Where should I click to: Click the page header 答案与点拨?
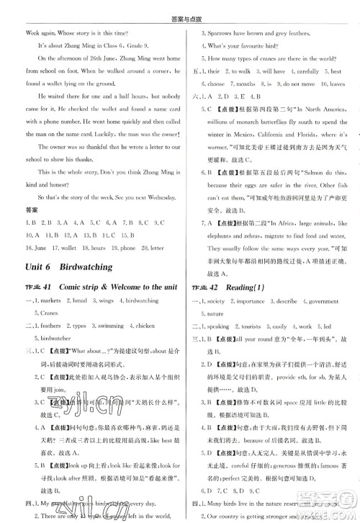point(181,8)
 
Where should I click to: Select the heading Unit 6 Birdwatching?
point(68,267)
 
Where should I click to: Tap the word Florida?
point(301,135)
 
